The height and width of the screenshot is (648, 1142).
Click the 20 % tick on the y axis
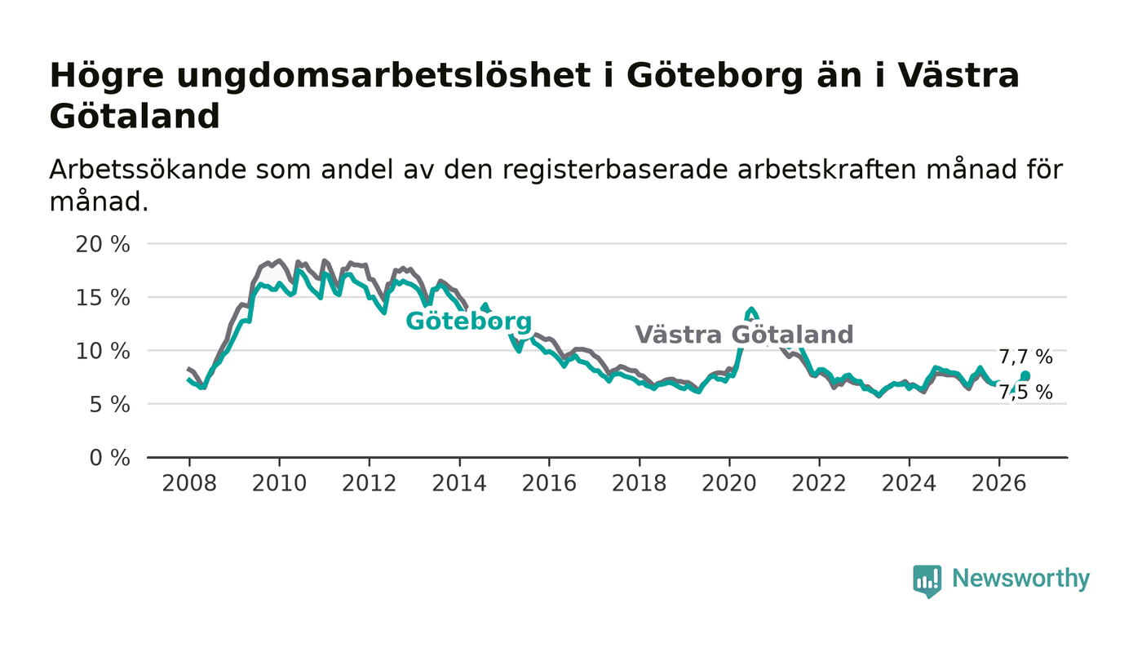click(x=103, y=244)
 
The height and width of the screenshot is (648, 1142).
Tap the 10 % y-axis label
click(x=103, y=351)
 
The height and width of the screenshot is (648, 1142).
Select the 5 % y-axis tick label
click(x=109, y=405)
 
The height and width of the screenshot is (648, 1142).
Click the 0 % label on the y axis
click(x=109, y=458)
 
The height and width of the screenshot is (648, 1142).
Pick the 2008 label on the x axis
click(x=189, y=483)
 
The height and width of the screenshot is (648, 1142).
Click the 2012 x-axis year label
click(x=369, y=483)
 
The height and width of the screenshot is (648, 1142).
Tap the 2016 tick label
click(x=549, y=483)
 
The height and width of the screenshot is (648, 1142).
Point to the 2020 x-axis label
click(x=729, y=483)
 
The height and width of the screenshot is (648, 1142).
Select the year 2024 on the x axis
click(x=909, y=483)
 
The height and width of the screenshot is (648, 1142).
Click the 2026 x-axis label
click(x=998, y=483)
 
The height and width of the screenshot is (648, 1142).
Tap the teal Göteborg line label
click(x=468, y=322)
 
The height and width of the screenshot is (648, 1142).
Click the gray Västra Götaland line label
click(x=744, y=335)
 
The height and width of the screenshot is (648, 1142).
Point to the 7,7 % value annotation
click(x=1025, y=357)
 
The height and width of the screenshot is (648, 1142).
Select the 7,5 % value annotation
click(x=1025, y=393)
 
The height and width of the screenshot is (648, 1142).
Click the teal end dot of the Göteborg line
click(x=1025, y=376)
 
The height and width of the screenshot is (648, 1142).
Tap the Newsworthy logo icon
click(x=927, y=581)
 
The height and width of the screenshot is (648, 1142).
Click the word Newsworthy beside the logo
click(x=1020, y=579)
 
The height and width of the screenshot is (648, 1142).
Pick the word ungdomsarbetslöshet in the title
click(x=383, y=77)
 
